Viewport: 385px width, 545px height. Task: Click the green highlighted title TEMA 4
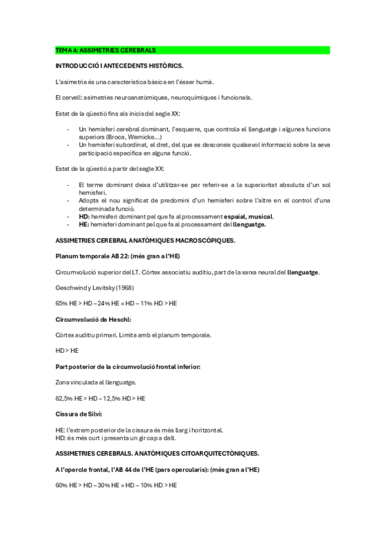(106, 49)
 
